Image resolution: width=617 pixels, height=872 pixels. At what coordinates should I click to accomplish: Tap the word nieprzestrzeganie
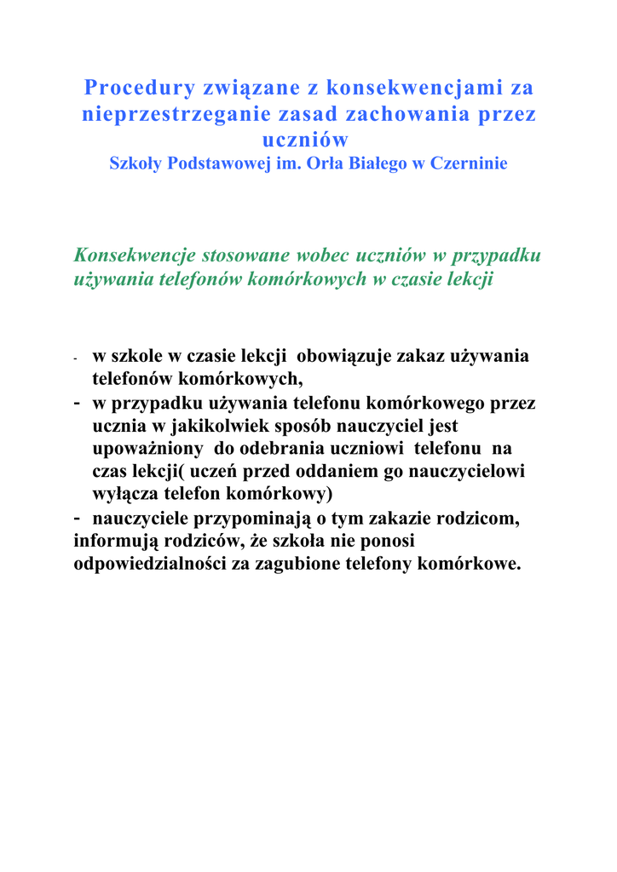pos(186,114)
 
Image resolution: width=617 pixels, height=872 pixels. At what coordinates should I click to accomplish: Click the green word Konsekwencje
pos(135,255)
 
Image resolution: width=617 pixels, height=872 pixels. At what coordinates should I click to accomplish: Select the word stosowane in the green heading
pos(245,255)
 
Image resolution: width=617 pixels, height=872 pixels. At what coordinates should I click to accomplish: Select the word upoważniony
pos(147,448)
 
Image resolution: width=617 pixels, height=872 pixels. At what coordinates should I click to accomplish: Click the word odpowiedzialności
pos(150,564)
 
